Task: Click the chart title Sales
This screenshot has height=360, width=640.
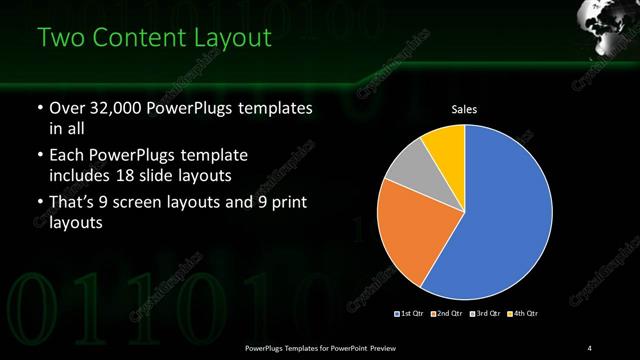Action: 465,110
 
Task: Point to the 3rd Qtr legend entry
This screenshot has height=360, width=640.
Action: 487,314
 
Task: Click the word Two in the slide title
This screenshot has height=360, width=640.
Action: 62,39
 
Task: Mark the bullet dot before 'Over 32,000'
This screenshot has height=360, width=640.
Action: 38,108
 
